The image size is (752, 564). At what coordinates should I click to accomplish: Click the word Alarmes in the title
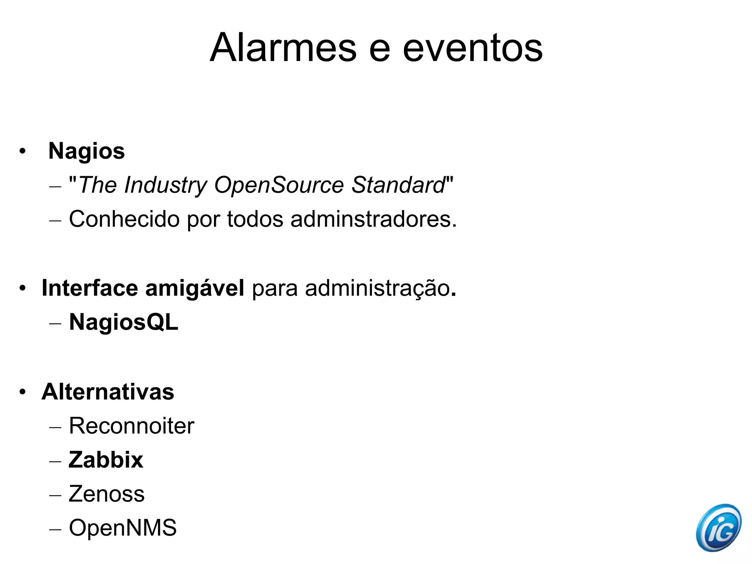[x=283, y=48]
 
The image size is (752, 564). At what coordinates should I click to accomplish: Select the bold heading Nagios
[x=87, y=151]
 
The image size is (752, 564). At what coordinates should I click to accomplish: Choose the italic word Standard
[x=398, y=185]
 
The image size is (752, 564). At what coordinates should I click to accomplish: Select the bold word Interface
[x=90, y=288]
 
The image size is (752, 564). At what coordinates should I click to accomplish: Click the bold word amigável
[x=195, y=288]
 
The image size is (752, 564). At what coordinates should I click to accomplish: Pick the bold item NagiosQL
[x=124, y=322]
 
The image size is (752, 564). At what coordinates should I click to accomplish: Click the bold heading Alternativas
[x=108, y=392]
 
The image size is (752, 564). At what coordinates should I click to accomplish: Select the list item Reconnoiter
[x=131, y=426]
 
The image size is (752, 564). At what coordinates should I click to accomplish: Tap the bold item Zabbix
[x=106, y=460]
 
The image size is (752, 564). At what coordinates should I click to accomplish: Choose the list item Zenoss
[x=106, y=494]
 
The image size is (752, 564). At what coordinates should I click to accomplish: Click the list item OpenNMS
[x=123, y=528]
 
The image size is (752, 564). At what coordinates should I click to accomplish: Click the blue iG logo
[x=719, y=528]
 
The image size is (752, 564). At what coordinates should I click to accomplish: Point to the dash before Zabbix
[x=55, y=461]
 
